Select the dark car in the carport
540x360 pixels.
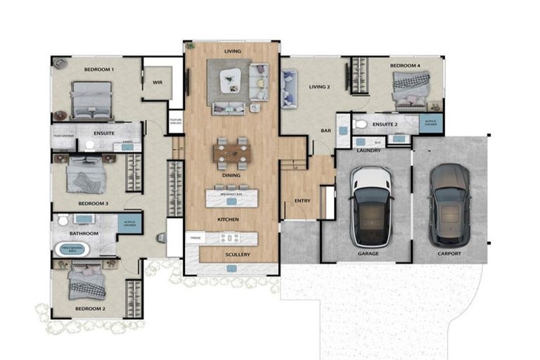tap(449, 204)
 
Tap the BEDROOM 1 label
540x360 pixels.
tap(99, 70)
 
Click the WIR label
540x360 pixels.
tap(157, 82)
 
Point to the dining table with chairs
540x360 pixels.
tap(231, 152)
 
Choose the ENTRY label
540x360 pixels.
tap(302, 201)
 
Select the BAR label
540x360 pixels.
tap(326, 131)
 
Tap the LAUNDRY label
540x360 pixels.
tap(368, 150)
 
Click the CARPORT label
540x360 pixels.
tap(449, 253)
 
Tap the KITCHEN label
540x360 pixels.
tap(228, 219)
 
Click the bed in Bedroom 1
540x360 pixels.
tap(92, 99)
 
